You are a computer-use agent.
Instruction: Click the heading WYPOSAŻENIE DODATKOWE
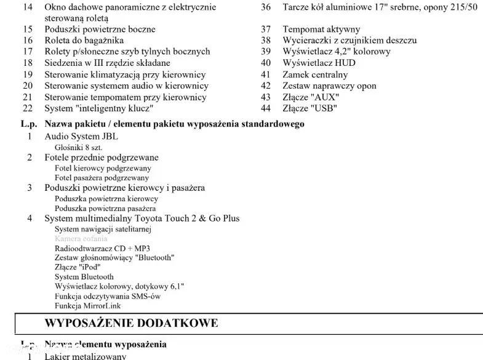click(x=131, y=323)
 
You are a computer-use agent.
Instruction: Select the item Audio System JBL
click(x=81, y=136)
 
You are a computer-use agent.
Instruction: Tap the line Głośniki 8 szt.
click(x=79, y=147)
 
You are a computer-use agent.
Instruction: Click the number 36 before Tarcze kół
click(x=266, y=7)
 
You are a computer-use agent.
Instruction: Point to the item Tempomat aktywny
click(x=321, y=29)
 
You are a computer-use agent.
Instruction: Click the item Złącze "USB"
click(x=309, y=108)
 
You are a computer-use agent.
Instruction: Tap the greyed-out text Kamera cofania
click(x=81, y=239)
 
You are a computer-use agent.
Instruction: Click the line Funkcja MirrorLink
click(x=87, y=306)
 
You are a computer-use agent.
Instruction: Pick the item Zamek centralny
click(x=315, y=74)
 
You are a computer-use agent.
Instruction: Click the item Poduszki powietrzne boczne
click(x=100, y=29)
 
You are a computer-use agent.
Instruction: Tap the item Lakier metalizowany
click(x=86, y=356)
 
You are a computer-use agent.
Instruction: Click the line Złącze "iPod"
click(x=76, y=267)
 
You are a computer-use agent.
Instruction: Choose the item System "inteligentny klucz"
click(x=98, y=108)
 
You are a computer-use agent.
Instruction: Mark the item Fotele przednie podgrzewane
click(x=102, y=158)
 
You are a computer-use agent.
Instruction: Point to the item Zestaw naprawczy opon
click(x=329, y=86)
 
